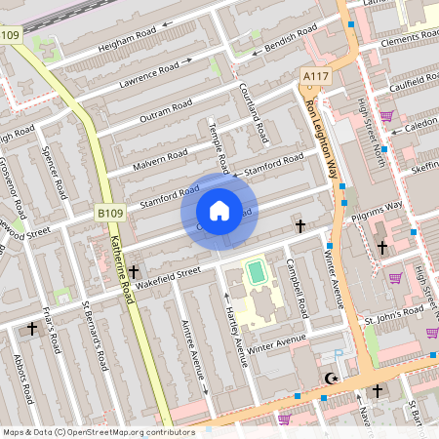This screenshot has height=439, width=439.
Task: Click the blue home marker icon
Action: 219,211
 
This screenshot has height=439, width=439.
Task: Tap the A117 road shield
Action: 315,76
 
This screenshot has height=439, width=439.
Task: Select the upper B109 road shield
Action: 10,35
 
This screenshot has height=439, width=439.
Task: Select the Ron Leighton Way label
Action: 324,137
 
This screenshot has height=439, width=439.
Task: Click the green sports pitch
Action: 257,272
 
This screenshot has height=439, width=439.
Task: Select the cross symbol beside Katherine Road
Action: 133,273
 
